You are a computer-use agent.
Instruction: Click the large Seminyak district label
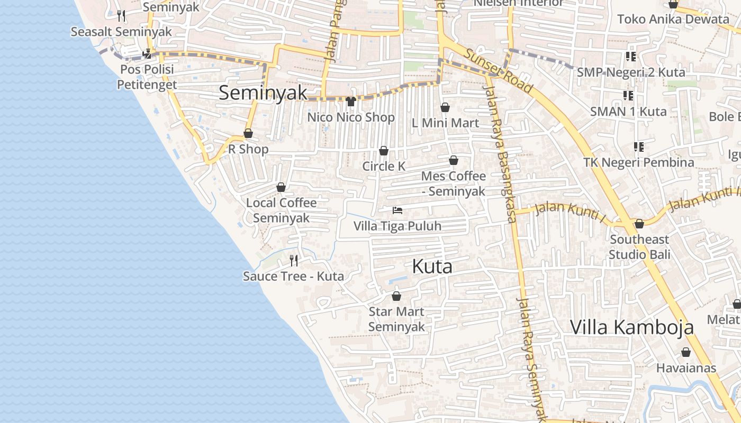[263, 93]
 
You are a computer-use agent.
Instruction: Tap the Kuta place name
[432, 266]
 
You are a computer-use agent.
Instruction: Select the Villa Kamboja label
[631, 327]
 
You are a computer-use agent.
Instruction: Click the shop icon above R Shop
[248, 133]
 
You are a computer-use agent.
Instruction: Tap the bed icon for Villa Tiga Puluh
[397, 210]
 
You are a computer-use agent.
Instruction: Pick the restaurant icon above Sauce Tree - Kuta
[294, 260]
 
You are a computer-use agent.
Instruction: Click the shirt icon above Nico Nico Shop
[350, 102]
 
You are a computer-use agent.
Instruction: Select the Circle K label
[384, 166]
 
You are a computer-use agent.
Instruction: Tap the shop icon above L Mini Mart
[445, 107]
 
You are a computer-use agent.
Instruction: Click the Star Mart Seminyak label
[396, 319]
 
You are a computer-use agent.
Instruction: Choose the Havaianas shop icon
[686, 352]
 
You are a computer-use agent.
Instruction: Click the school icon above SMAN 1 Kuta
[628, 96]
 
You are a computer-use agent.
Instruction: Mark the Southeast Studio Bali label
[639, 247]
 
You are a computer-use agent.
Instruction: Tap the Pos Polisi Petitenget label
[146, 77]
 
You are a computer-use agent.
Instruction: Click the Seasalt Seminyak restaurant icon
[122, 16]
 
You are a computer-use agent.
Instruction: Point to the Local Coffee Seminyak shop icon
[281, 187]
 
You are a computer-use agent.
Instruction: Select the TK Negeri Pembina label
[639, 162]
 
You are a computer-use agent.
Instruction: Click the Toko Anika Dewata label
[673, 20]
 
